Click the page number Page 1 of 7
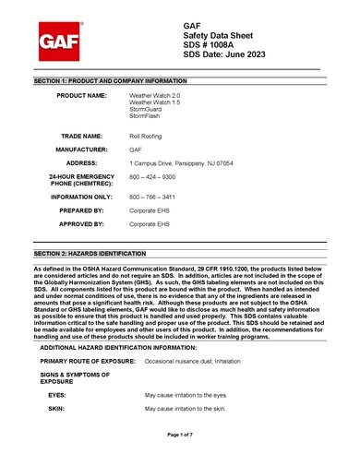coord(180,433)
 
